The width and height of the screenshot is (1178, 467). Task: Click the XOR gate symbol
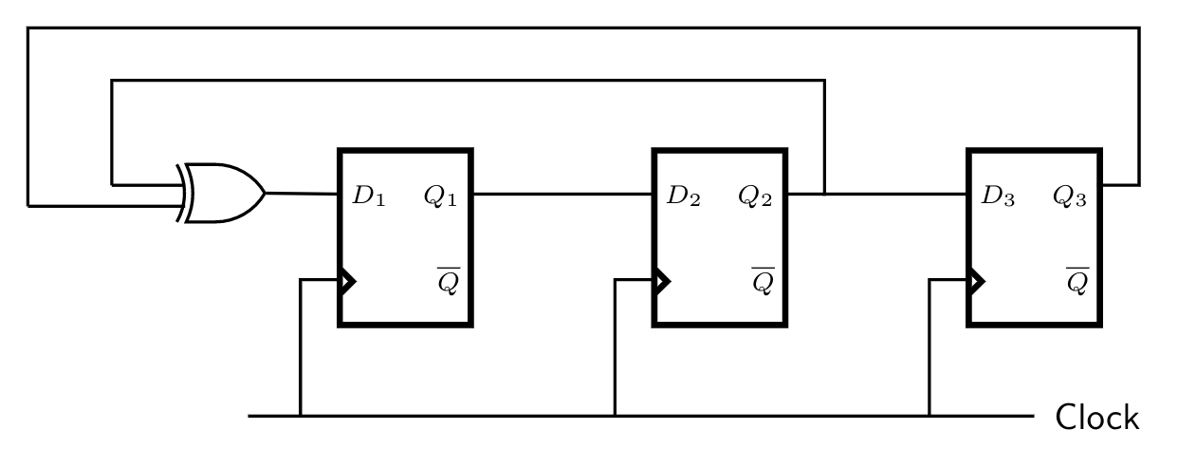tap(223, 194)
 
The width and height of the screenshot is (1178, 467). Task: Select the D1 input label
tap(368, 196)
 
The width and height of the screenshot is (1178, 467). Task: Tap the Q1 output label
tap(440, 196)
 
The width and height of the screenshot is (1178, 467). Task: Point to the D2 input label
tap(683, 196)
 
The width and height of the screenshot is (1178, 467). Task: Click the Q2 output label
tap(755, 196)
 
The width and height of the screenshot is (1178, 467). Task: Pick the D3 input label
tap(998, 196)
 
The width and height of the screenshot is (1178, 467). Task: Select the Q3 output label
tap(1069, 196)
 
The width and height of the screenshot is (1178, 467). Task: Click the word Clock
tap(1097, 418)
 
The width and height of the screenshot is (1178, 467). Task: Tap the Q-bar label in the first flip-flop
tap(448, 281)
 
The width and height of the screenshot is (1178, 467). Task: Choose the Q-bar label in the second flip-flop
tap(763, 281)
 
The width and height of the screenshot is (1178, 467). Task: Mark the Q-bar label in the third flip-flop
tap(1077, 281)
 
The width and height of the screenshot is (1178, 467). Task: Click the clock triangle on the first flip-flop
tap(347, 281)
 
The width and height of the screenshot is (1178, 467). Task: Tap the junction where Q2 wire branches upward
tap(824, 194)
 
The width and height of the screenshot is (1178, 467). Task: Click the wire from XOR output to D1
tap(302, 194)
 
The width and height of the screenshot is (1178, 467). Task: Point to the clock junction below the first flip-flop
tap(301, 416)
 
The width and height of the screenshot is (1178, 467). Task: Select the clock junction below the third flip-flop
tap(930, 416)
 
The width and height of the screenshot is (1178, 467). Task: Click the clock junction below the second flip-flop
tap(616, 416)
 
